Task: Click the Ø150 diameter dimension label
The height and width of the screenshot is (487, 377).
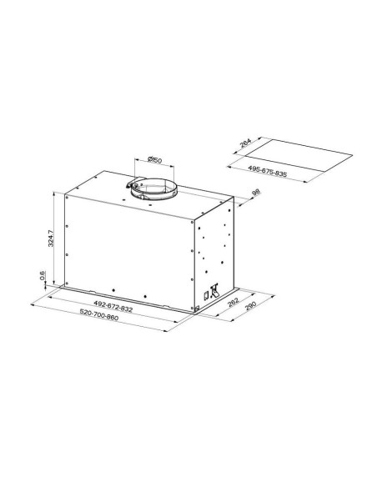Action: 154,160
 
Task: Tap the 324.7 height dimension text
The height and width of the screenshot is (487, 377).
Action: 51,238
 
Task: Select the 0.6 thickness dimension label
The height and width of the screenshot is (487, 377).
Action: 43,275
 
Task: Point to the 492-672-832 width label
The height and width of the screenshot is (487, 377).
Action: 113,306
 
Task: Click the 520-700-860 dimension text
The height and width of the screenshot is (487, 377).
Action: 99,314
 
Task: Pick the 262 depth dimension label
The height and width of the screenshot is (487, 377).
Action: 234,302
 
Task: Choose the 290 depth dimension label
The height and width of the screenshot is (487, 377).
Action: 250,305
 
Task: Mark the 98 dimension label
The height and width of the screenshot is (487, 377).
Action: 255,193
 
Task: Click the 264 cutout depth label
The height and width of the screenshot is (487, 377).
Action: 245,142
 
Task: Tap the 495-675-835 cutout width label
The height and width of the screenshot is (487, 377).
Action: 268,171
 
